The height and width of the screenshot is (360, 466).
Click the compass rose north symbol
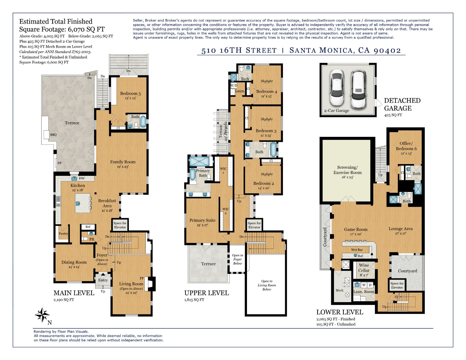click(x=43, y=315)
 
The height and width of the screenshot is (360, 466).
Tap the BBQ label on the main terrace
click(x=53, y=135)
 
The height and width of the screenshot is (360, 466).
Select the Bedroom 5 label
click(x=130, y=93)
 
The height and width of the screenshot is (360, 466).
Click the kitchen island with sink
click(x=82, y=203)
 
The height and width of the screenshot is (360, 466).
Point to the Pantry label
click(x=63, y=234)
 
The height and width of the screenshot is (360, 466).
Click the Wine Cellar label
click(x=364, y=267)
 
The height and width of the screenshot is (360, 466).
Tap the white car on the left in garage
click(x=337, y=87)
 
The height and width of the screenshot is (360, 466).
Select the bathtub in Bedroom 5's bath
click(x=143, y=122)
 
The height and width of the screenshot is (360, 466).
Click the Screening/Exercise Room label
click(x=347, y=170)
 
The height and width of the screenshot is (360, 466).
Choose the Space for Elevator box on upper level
click(x=254, y=225)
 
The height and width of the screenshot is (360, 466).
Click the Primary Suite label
click(x=202, y=220)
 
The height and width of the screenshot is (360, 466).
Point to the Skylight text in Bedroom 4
click(x=266, y=81)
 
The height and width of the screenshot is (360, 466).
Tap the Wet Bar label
click(x=357, y=250)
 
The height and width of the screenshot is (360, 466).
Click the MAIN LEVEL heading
click(x=74, y=293)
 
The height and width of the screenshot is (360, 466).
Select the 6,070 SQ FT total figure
click(x=86, y=29)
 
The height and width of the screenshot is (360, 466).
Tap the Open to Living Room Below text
click(x=266, y=285)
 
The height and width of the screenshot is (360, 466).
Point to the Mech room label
click(x=339, y=290)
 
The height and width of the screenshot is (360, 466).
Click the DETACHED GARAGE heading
click(x=402, y=104)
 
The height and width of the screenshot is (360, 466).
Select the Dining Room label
click(x=74, y=262)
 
